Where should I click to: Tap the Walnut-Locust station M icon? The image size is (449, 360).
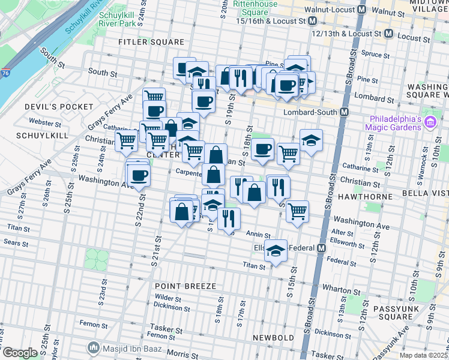[361, 10]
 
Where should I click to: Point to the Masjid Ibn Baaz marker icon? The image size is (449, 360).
[93, 347]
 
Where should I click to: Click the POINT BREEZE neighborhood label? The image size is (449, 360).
[184, 286]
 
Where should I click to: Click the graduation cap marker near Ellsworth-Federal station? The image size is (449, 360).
[276, 251]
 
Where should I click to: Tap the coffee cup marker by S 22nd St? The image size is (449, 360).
[139, 175]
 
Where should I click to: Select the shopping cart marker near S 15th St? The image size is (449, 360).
[297, 212]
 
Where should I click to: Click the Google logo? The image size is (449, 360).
[20, 353]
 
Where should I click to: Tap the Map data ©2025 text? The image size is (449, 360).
[423, 355]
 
